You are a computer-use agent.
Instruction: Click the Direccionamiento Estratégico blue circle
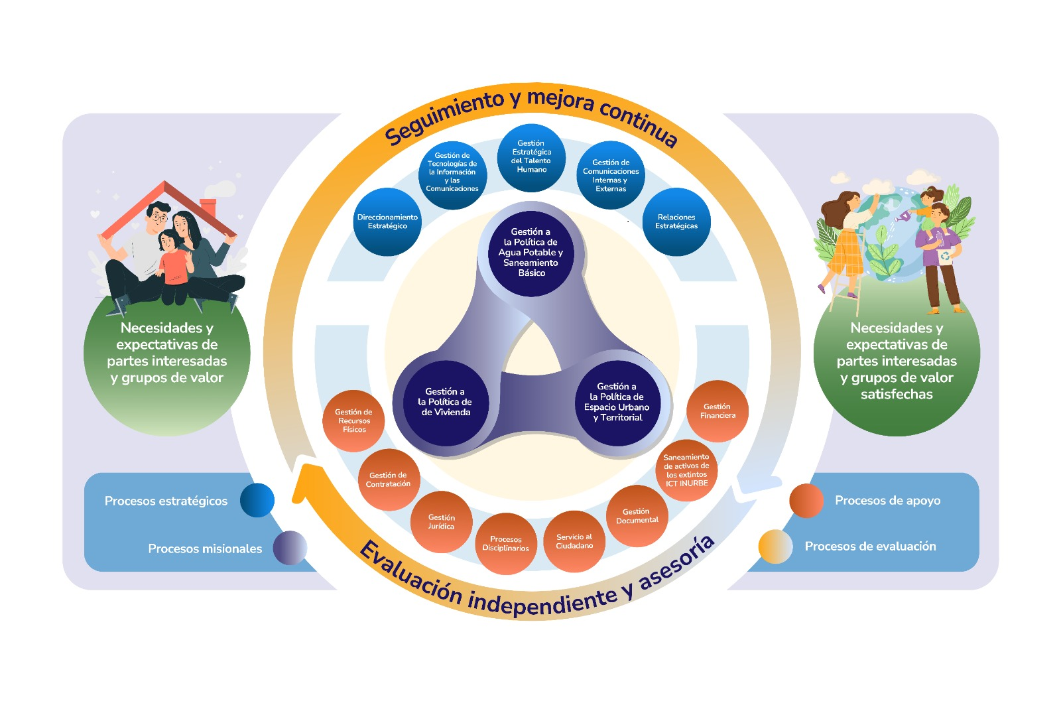pos(387,222)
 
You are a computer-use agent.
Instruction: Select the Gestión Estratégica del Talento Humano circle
pos(531,157)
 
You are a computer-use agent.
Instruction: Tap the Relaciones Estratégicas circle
pos(676,222)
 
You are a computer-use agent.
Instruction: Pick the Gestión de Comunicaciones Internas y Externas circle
pos(611,175)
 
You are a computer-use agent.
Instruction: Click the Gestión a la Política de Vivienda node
pos(446,403)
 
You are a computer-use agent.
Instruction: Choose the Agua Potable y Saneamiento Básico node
pos(531,253)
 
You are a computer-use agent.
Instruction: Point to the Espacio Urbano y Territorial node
pos(617,403)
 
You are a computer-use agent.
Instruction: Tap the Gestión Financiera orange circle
pos(718,411)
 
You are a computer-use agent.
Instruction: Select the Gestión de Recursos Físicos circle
pos(354,421)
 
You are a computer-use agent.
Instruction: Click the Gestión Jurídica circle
pos(441,522)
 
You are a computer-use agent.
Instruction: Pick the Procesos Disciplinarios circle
pos(506,544)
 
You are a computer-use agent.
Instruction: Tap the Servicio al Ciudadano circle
pos(574,541)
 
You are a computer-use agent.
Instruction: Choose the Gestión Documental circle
pos(637,516)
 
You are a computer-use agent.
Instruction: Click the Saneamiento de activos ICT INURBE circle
pos(686,470)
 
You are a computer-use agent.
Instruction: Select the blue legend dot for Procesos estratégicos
pos(257,500)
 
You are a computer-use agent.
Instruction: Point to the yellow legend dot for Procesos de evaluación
pos(775,546)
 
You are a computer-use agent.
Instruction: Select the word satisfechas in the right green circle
pos(897,395)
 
